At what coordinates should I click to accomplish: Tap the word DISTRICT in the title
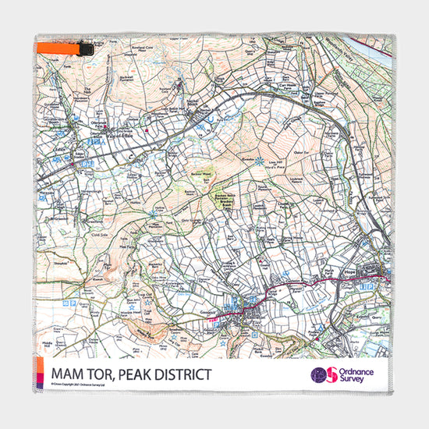click(x=178, y=374)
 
